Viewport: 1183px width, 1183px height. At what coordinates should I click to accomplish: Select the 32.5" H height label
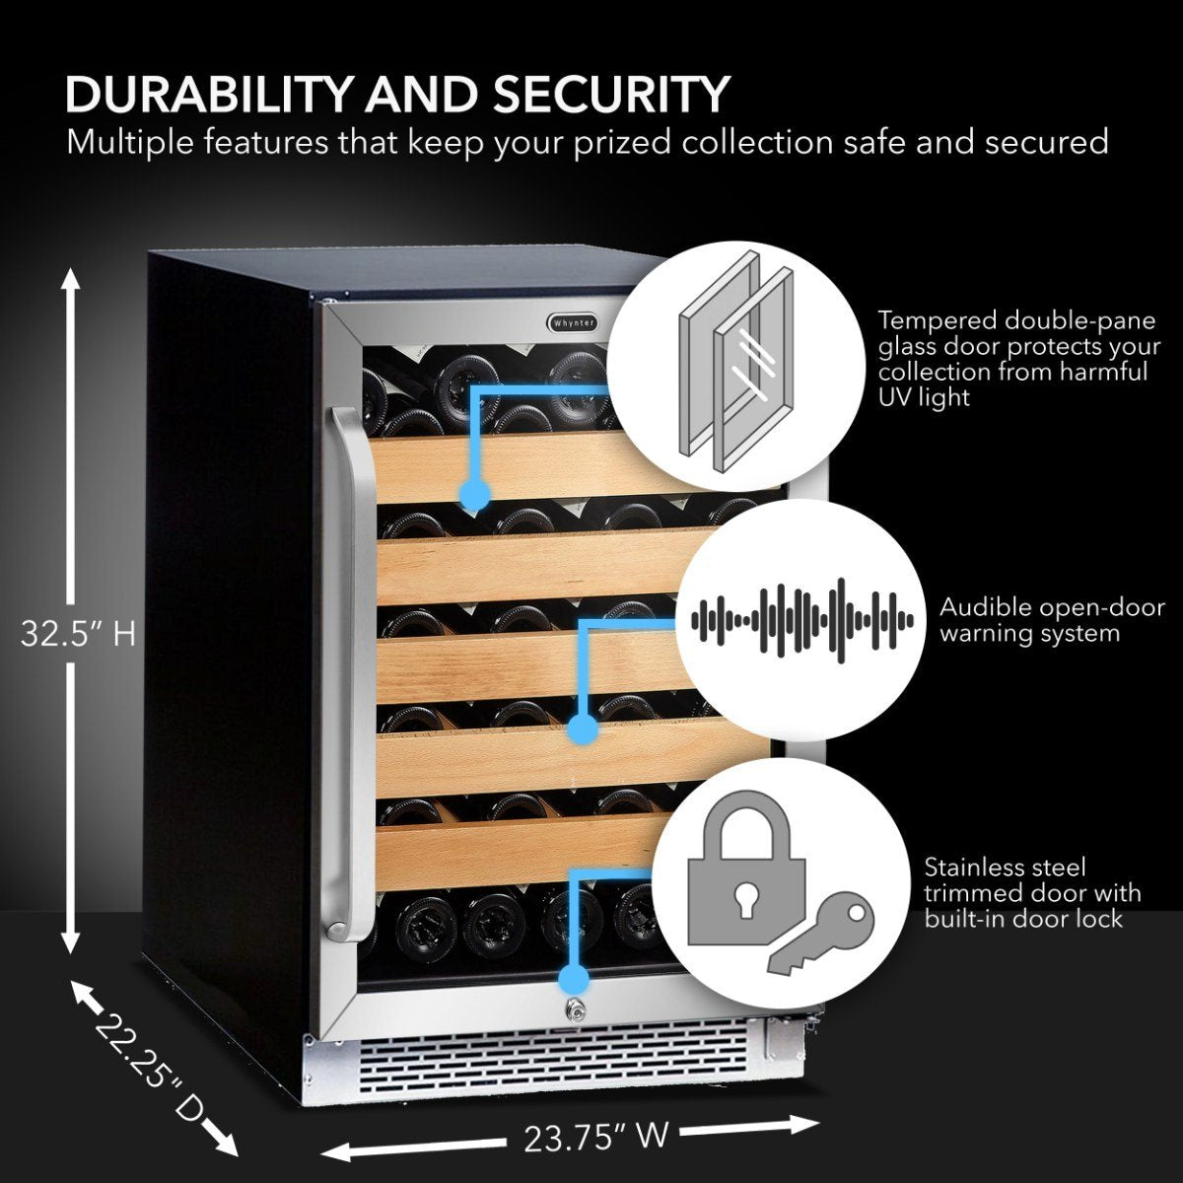[x=78, y=634]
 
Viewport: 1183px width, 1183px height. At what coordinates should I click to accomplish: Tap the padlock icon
[x=746, y=878]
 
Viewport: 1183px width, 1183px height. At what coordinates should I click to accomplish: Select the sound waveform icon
[x=801, y=620]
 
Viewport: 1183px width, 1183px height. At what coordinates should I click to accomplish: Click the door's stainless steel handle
[x=347, y=670]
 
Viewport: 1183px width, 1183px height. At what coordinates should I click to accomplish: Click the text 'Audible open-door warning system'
[x=1029, y=620]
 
